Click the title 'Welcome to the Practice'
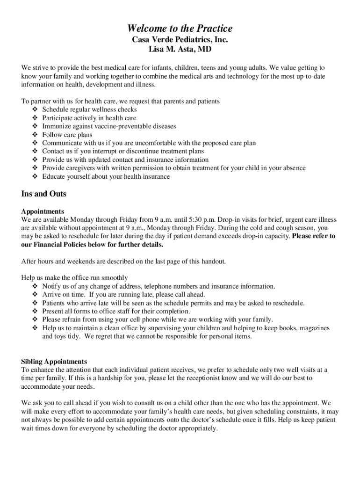[180, 28]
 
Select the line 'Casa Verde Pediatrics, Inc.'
[180, 40]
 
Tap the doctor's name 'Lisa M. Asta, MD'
[180, 50]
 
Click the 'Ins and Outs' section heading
[44, 194]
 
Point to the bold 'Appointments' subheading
[43, 211]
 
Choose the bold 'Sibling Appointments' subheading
[54, 362]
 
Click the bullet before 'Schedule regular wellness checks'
[35, 109]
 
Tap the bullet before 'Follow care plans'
[35, 135]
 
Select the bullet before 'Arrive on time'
[35, 295]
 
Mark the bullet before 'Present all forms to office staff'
[35, 312]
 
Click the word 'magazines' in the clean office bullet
[313, 328]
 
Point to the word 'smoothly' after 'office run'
[114, 278]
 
